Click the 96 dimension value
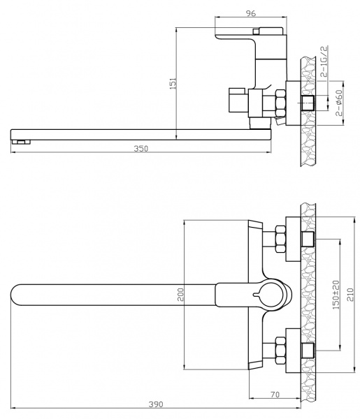(251, 13)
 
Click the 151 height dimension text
(173, 83)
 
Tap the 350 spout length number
(141, 149)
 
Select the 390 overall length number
(156, 404)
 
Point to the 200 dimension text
(181, 295)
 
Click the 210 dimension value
(350, 295)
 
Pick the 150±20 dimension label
(336, 295)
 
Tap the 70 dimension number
(275, 395)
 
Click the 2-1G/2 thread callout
(324, 61)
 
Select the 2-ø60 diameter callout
(339, 103)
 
